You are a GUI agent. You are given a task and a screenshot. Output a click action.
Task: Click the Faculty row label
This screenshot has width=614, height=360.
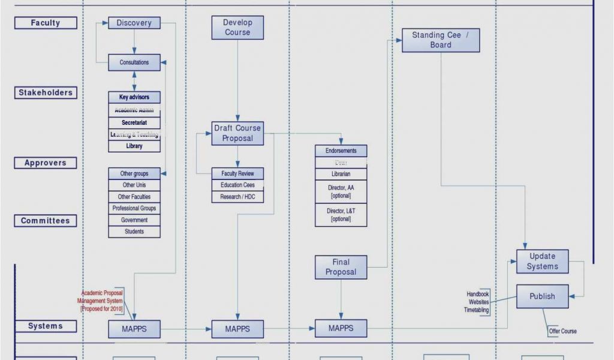(46, 23)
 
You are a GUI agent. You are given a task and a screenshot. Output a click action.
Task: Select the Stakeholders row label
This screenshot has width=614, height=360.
(46, 93)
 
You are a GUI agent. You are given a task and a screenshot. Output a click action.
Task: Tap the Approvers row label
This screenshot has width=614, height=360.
(46, 163)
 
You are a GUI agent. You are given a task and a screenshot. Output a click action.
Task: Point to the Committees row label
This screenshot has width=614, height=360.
(46, 221)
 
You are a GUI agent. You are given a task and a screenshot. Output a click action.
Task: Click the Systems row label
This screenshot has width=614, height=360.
(46, 326)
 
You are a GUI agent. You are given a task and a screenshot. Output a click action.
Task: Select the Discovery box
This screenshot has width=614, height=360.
(134, 23)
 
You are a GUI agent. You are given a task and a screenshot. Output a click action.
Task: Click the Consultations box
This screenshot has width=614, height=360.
(134, 62)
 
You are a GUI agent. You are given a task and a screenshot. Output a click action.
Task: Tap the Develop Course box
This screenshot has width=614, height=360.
(237, 28)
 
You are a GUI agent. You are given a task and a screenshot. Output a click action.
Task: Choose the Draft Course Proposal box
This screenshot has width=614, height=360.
(237, 133)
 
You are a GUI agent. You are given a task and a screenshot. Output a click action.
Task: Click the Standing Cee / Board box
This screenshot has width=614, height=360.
(441, 40)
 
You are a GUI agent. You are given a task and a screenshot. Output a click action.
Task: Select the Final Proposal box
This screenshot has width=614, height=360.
(341, 267)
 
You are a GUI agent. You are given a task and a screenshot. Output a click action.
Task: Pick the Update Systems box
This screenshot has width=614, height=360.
(543, 262)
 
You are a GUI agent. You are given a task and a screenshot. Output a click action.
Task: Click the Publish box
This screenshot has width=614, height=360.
(543, 296)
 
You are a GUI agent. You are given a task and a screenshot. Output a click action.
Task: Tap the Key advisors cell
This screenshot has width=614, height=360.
(134, 97)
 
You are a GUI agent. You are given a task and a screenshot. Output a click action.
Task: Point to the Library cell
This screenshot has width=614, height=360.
(134, 146)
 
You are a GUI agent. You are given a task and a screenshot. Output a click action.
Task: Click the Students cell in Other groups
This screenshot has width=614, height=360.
(134, 232)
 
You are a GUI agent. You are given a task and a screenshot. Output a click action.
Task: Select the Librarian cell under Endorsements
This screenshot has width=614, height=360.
(341, 174)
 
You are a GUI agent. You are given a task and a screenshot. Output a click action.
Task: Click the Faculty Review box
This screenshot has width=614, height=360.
(237, 173)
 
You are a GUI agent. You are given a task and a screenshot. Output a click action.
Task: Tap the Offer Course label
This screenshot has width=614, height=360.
(562, 331)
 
